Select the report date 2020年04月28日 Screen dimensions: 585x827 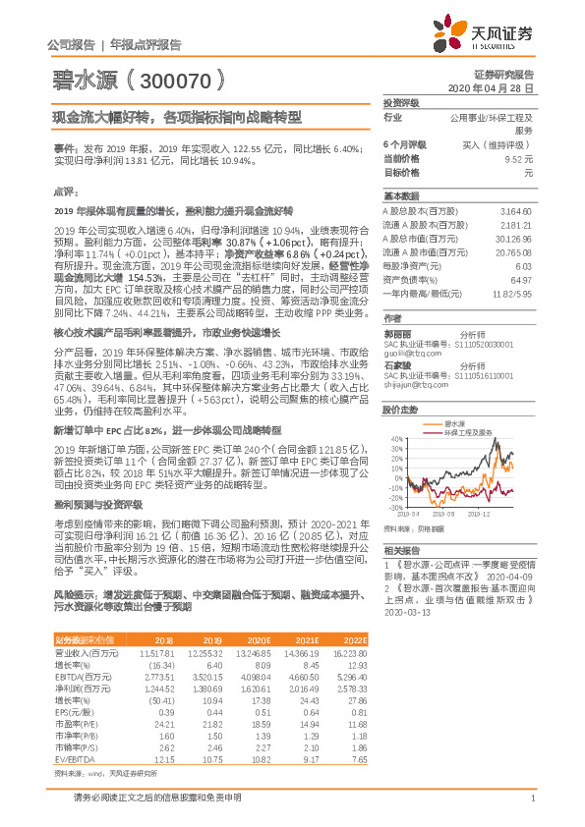point(497,87)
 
